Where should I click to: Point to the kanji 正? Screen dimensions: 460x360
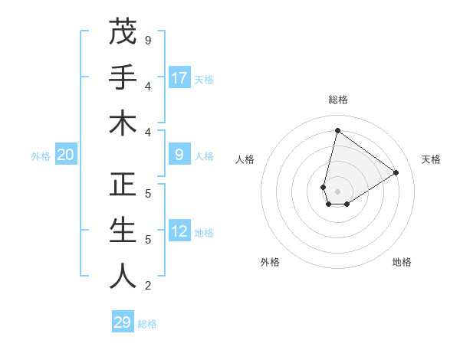click(x=123, y=185)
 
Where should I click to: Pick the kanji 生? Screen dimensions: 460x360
click(x=123, y=231)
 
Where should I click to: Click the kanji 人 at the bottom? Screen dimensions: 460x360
click(x=123, y=277)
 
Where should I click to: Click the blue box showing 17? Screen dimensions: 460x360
click(x=179, y=78)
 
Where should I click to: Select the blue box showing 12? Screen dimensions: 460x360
click(x=179, y=232)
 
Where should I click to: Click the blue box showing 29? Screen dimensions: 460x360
click(x=123, y=322)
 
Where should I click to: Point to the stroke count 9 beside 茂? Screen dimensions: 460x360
click(x=148, y=40)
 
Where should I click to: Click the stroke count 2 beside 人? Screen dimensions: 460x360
click(x=148, y=286)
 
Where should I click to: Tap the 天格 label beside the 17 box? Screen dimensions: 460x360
click(x=204, y=79)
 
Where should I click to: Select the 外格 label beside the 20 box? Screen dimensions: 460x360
click(x=41, y=156)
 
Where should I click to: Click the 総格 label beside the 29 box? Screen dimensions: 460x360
click(x=147, y=323)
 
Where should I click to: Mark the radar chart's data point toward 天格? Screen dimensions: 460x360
click(x=396, y=172)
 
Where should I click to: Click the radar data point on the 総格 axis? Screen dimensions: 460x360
click(x=337, y=131)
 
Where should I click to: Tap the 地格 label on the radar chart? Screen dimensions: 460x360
click(x=402, y=262)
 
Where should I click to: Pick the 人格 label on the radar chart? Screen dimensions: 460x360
click(x=245, y=159)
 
